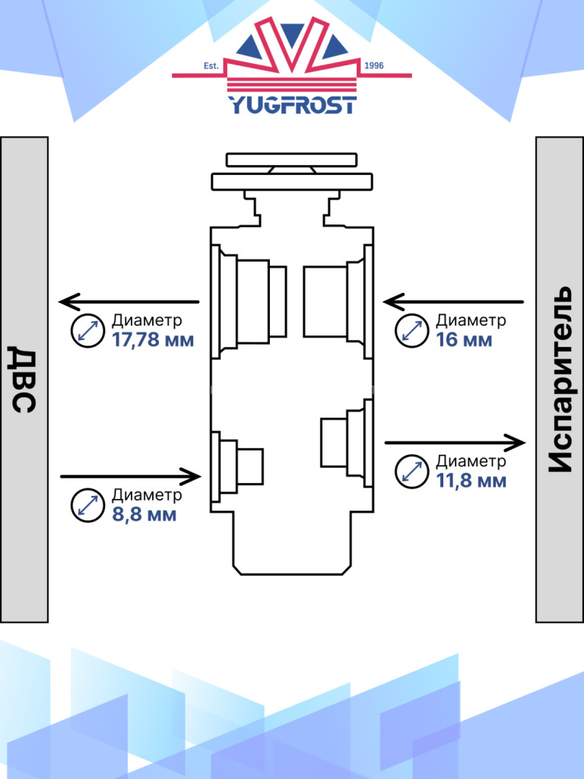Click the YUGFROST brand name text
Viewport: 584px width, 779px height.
(x=292, y=104)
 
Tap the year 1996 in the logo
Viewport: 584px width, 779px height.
(x=375, y=66)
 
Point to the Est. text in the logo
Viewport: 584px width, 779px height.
(x=211, y=66)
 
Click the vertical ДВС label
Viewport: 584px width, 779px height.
(x=24, y=379)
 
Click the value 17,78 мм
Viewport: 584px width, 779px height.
(x=153, y=339)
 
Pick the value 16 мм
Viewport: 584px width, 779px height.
(x=464, y=339)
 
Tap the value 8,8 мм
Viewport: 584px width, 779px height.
(x=144, y=514)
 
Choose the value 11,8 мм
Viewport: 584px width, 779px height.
(x=471, y=480)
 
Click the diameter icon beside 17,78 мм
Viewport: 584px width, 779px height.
(x=87, y=331)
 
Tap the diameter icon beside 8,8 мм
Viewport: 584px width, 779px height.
(x=87, y=505)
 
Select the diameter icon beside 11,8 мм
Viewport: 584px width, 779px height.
(x=412, y=472)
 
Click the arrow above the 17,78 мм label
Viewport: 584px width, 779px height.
(x=129, y=302)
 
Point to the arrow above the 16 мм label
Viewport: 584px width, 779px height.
(x=455, y=302)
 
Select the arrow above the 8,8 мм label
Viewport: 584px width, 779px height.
(x=130, y=477)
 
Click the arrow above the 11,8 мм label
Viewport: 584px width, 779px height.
(x=455, y=441)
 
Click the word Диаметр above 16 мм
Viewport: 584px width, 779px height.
(x=471, y=320)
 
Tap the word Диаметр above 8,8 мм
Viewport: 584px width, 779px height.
(x=147, y=495)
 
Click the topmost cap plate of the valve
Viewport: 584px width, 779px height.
(x=291, y=160)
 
